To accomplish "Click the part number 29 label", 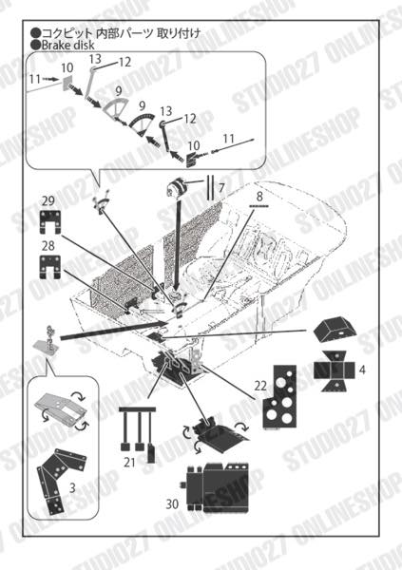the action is (x=48, y=202).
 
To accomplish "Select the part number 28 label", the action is (x=48, y=246).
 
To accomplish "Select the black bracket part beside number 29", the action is (x=51, y=224).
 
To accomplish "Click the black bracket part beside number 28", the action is (x=51, y=268).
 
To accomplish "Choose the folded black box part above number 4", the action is (x=336, y=330).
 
